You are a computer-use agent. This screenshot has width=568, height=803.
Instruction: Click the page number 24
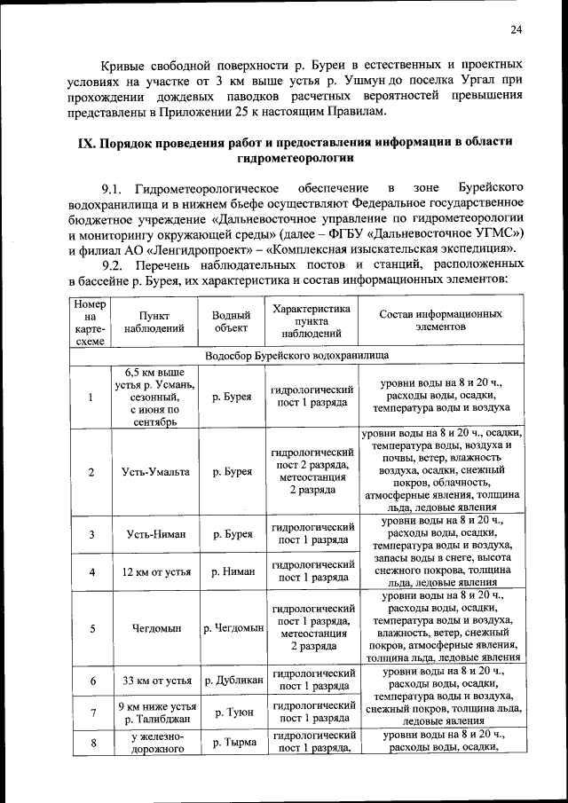(x=516, y=31)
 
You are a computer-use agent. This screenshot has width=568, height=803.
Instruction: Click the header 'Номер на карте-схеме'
(x=90, y=321)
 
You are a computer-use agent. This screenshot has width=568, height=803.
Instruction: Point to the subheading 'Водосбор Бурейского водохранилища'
(x=296, y=354)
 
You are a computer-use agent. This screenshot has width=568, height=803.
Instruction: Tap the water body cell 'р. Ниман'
(x=233, y=571)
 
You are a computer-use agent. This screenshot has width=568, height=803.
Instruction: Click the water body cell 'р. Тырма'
(x=233, y=742)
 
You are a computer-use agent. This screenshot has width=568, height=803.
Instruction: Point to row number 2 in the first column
(x=91, y=472)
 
